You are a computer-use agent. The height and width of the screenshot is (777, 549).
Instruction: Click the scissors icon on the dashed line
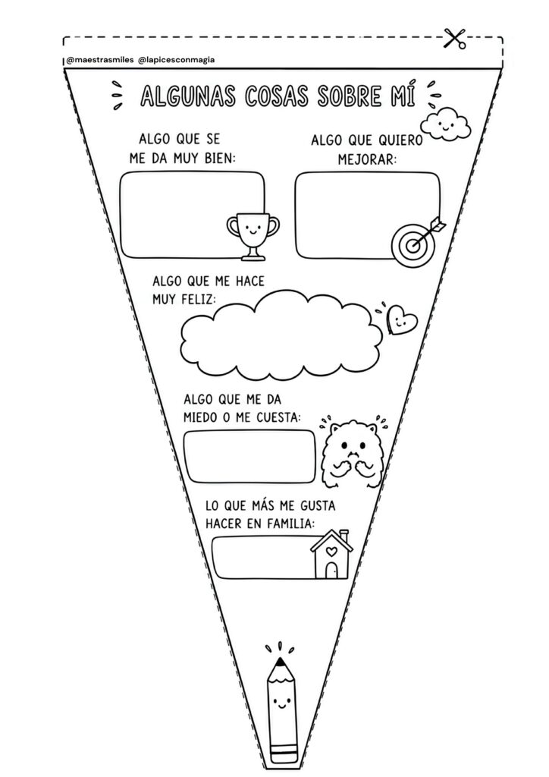[454, 39]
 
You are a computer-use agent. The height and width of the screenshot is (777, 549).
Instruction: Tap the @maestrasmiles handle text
[99, 60]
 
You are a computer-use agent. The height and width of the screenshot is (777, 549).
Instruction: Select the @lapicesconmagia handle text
[177, 60]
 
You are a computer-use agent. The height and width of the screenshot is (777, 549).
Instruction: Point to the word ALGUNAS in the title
[188, 96]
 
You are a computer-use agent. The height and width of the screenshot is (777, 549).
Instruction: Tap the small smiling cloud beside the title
[445, 124]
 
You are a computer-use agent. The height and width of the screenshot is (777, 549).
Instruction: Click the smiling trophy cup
[253, 236]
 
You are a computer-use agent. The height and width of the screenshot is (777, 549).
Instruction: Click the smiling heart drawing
[401, 319]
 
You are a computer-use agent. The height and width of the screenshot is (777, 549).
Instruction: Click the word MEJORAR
[367, 159]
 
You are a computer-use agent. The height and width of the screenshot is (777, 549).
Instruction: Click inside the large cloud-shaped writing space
[281, 336]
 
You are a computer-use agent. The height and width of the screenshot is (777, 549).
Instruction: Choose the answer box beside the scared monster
[249, 456]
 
